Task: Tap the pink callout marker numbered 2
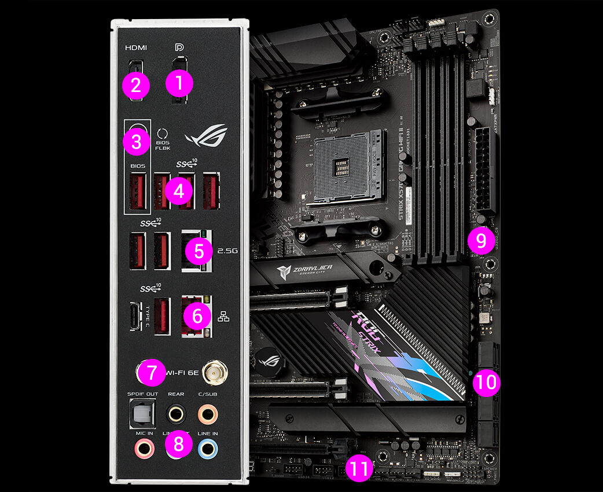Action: coord(135,86)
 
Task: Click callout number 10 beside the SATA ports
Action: coord(487,383)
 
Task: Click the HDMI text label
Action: coord(136,47)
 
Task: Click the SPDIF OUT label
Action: coord(142,394)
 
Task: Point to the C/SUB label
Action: coord(207,394)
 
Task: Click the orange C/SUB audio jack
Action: coord(207,414)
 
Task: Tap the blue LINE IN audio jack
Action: coord(207,449)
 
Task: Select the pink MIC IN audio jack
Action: coord(143,449)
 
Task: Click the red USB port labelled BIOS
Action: coord(137,192)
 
